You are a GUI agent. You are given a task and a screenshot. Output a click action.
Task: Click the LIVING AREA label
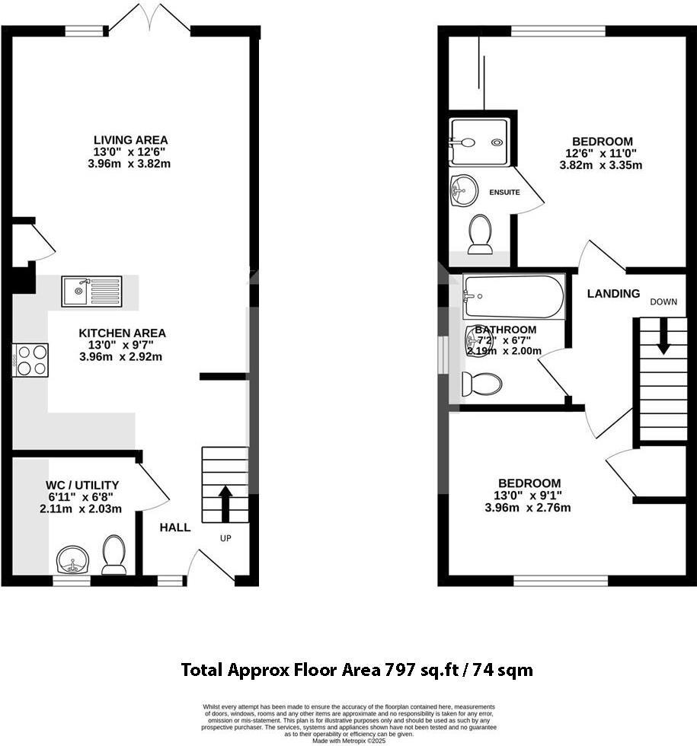[130, 140]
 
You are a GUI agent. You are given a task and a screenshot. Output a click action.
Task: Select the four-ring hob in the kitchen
[30, 359]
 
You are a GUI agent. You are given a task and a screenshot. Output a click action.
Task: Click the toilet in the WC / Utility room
[114, 555]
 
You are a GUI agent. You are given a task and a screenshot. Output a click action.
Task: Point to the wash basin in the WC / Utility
[73, 560]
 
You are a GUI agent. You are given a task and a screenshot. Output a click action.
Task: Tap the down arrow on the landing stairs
[663, 336]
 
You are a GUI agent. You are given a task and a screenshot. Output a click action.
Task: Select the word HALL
[175, 528]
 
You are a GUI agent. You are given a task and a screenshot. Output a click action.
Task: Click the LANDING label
[613, 294]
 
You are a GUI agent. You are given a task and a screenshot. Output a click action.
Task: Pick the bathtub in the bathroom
[513, 297]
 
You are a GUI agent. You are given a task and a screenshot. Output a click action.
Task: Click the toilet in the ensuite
[480, 234]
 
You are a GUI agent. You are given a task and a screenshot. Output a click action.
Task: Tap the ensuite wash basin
[464, 190]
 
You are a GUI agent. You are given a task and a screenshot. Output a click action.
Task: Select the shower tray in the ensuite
[478, 142]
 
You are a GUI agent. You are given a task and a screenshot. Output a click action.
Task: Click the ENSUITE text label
[504, 193]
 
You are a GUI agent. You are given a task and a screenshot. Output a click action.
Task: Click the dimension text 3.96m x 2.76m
[528, 508]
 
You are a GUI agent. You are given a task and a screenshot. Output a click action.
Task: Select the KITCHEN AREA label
[122, 333]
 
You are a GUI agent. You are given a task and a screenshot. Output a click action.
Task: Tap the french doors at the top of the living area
[149, 19]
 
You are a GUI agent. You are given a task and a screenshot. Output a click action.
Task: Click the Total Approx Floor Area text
[356, 670]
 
